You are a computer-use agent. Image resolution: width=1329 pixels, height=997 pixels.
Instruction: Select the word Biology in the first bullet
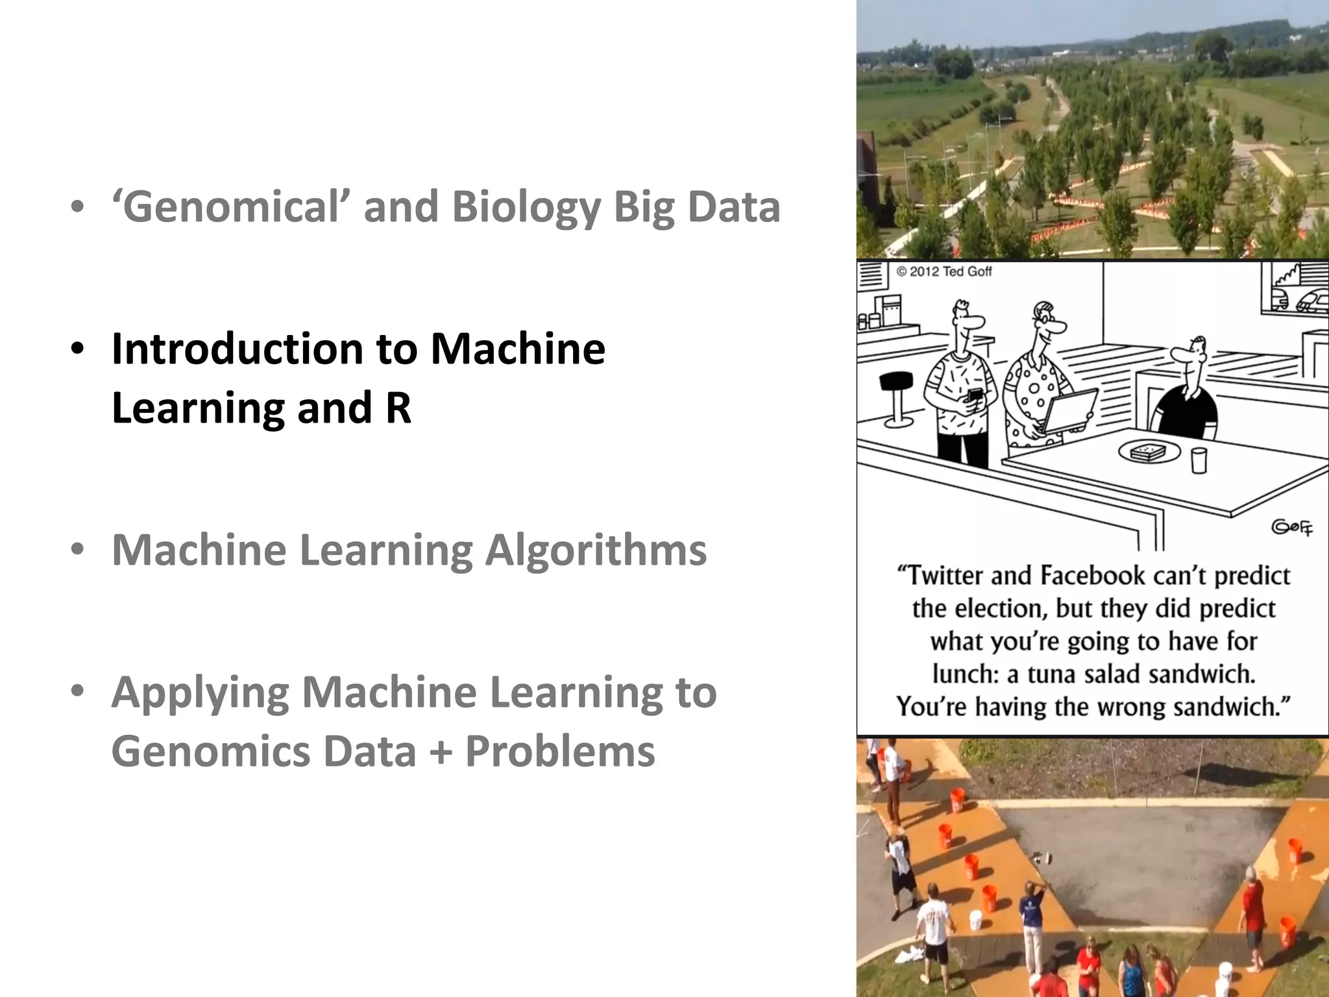click(x=526, y=208)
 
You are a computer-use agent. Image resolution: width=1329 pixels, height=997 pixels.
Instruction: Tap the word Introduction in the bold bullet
click(x=237, y=349)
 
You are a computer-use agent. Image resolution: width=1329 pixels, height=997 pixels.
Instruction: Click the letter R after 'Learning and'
click(x=398, y=408)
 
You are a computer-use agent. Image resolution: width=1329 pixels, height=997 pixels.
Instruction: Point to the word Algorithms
click(x=596, y=550)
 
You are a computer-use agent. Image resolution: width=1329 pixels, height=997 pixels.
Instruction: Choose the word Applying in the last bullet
click(x=200, y=693)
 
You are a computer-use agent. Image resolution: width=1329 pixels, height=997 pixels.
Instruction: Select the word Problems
click(x=560, y=752)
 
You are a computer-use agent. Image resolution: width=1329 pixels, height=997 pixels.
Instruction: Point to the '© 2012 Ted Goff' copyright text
click(x=944, y=271)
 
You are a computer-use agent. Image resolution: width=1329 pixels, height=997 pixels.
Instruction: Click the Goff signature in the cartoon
click(x=1291, y=527)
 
